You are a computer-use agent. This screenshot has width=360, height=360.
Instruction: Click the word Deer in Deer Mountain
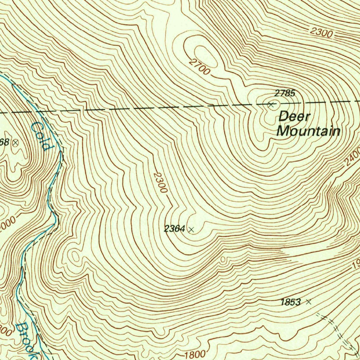294,116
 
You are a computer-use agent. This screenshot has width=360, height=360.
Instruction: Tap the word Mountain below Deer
308,131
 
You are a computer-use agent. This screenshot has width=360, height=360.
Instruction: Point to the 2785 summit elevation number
285,93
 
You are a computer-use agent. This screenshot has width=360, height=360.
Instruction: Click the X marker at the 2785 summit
271,104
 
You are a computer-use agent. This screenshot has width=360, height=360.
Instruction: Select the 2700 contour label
199,66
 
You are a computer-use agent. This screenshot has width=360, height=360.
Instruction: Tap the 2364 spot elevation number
174,229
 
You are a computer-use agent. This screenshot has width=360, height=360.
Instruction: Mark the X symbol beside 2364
191,230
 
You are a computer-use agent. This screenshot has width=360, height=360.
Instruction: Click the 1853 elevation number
291,302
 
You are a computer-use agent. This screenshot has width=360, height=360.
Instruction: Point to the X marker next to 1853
308,301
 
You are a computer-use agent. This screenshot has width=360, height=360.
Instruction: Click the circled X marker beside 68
15,142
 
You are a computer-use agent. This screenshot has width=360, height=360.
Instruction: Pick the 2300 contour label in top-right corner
321,33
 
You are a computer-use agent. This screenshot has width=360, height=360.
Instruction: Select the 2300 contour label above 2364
160,182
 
